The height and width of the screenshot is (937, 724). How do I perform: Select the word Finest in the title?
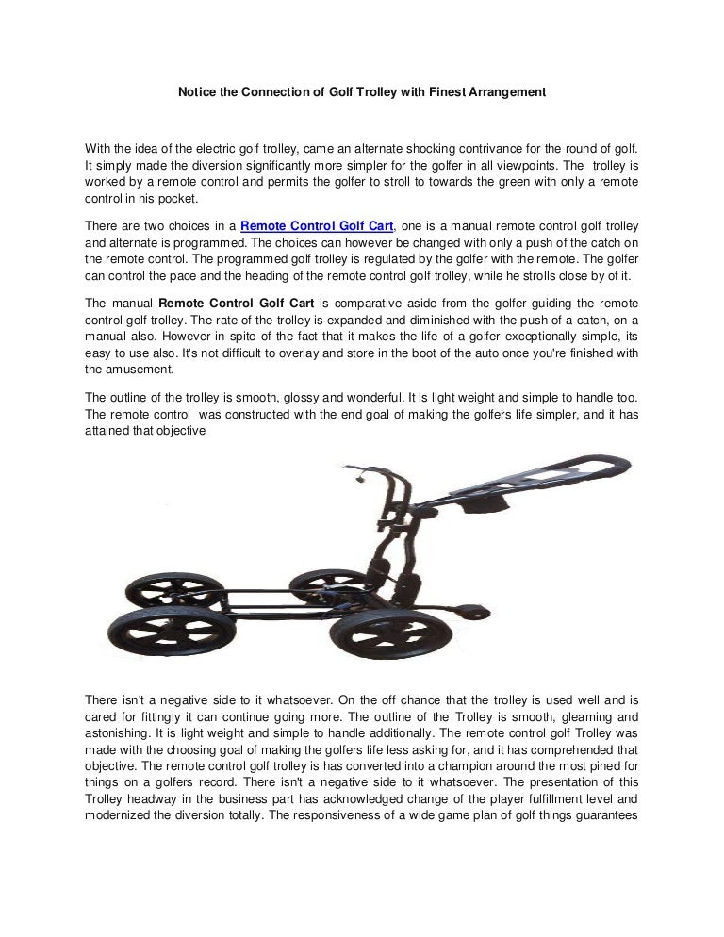(x=435, y=94)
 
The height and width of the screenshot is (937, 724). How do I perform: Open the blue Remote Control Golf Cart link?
(x=317, y=226)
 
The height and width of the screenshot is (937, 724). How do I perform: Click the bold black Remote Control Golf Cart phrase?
(x=237, y=304)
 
